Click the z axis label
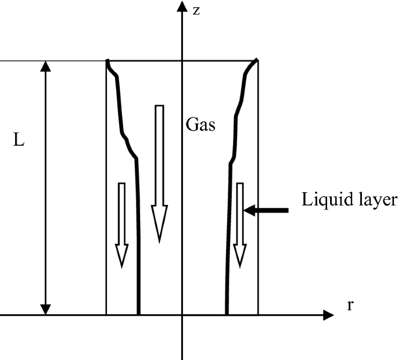click(x=196, y=10)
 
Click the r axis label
click(x=350, y=305)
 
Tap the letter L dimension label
click(x=19, y=141)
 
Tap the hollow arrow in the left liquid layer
click(x=121, y=224)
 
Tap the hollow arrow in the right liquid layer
click(x=240, y=224)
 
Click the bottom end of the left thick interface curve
click(x=138, y=314)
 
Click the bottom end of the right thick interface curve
click(x=226, y=314)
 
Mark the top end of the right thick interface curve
click(x=257, y=60)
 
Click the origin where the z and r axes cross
click(x=183, y=316)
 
